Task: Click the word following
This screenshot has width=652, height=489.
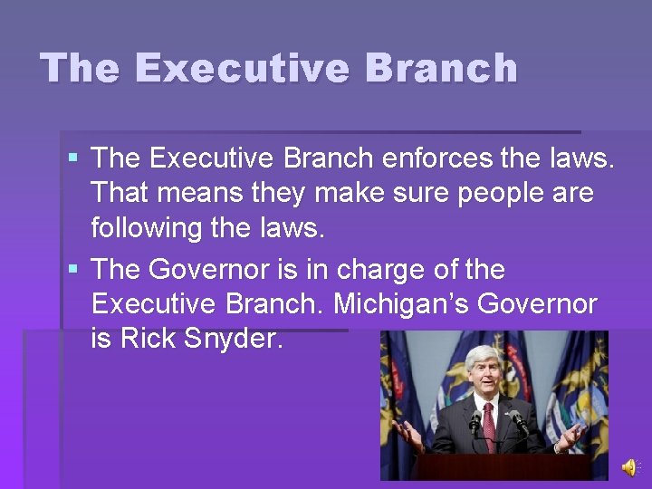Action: pos(146,228)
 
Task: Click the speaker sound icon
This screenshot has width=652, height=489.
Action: pos(628,467)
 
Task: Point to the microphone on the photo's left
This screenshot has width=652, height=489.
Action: pos(474,418)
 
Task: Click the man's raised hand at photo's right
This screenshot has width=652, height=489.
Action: pos(572,433)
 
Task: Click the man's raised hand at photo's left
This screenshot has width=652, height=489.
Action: pos(407,433)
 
